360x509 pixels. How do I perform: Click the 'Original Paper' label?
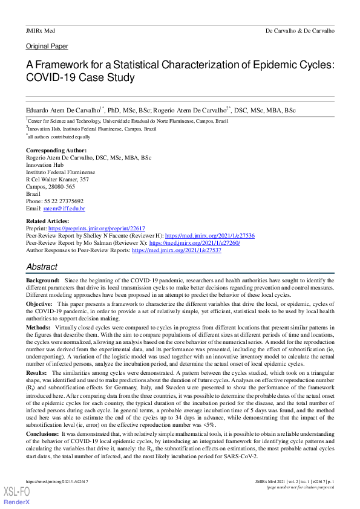(x=47, y=46)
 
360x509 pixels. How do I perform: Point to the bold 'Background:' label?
(x=42, y=281)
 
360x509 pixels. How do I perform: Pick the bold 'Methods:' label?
(x=38, y=326)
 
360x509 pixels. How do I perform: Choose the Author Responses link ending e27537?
(x=177, y=250)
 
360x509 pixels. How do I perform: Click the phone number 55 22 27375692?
(x=64, y=201)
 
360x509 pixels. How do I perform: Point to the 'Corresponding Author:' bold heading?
(x=56, y=151)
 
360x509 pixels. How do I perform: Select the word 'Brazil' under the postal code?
(x=33, y=194)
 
